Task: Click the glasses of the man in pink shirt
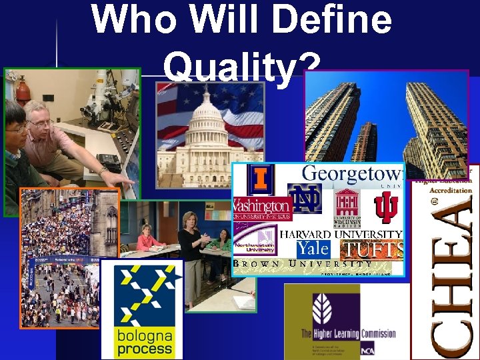[x=40, y=123]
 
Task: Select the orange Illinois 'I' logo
[x=261, y=179]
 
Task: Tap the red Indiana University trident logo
[x=385, y=207]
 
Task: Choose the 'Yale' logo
[x=313, y=249]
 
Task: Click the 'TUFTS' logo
[x=371, y=250]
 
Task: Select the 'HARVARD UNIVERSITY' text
[x=341, y=234]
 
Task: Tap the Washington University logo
[x=262, y=208]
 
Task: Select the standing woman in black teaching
[x=191, y=253]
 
